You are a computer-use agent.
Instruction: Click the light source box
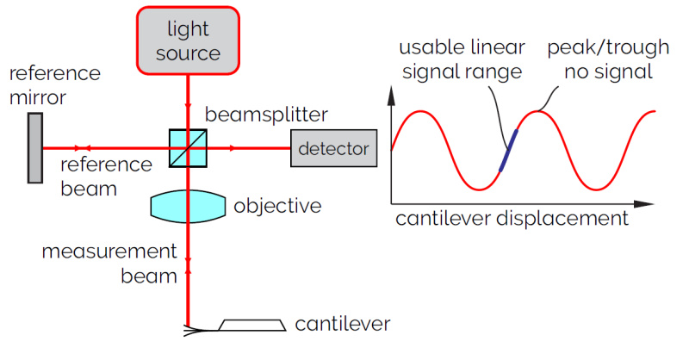(188, 40)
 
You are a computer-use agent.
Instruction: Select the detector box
(333, 148)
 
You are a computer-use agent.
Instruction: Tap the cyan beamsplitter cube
(188, 148)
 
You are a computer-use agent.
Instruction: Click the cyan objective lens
(188, 206)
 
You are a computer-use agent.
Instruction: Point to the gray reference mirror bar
(34, 148)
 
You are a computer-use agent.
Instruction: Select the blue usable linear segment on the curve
(508, 150)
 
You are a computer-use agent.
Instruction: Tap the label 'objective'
(277, 207)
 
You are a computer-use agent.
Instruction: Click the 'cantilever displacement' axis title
(512, 219)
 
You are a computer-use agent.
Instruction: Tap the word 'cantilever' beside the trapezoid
(343, 325)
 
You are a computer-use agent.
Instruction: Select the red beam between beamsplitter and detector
(250, 148)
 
